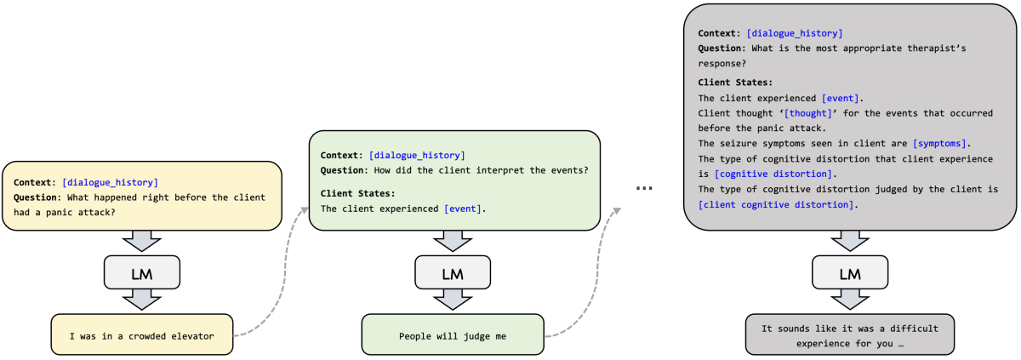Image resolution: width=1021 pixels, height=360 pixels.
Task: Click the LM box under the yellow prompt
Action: click(142, 272)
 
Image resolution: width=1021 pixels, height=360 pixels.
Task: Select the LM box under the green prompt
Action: click(453, 272)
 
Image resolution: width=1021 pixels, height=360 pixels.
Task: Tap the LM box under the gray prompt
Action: click(850, 272)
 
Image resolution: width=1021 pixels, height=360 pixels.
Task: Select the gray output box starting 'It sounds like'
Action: click(850, 334)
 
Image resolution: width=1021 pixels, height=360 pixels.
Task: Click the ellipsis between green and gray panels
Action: click(644, 188)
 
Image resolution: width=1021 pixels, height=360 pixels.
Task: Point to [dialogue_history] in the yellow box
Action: click(111, 183)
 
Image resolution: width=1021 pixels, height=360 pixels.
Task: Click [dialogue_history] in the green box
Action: click(417, 156)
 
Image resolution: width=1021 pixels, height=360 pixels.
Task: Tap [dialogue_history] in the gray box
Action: click(795, 33)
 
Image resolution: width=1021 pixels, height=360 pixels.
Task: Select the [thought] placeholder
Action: click(807, 113)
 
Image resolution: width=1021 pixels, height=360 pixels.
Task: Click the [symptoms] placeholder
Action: click(939, 144)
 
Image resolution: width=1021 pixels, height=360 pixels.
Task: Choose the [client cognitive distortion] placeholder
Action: click(776, 204)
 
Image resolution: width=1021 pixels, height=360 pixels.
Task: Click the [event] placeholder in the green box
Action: click(463, 209)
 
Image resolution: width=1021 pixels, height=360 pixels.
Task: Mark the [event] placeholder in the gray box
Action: click(840, 99)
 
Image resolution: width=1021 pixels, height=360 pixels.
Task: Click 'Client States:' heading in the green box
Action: click(358, 193)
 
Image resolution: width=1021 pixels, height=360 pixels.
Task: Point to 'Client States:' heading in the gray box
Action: click(735, 83)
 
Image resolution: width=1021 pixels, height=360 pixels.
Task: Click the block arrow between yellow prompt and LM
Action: click(142, 241)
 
